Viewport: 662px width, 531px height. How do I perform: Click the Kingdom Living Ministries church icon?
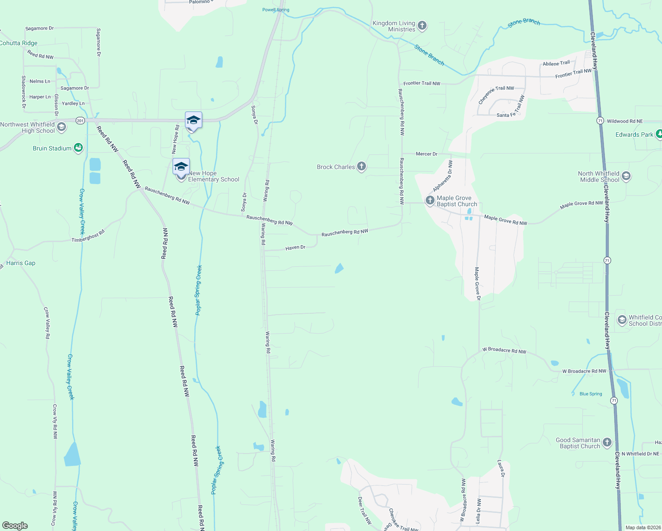[x=422, y=26]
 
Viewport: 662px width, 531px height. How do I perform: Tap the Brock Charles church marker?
[x=362, y=166]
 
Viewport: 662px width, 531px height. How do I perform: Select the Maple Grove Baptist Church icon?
[x=430, y=200]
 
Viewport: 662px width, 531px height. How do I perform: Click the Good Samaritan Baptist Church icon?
[x=607, y=442]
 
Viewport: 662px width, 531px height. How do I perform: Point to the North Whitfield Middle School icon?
[x=626, y=176]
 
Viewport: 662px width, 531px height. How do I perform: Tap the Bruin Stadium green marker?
[x=78, y=148]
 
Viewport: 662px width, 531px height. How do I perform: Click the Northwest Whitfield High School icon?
[x=62, y=127]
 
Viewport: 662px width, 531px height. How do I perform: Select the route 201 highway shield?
[x=80, y=120]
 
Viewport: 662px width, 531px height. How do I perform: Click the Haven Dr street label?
[x=295, y=248]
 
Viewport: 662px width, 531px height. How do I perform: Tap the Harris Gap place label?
[x=21, y=263]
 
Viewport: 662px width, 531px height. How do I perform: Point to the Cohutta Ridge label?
[x=19, y=43]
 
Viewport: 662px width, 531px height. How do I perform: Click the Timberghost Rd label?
[x=88, y=236]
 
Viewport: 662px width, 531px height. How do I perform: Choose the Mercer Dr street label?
[x=427, y=154]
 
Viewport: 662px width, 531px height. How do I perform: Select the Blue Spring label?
[x=591, y=394]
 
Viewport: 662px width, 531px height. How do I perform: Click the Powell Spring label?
[x=276, y=10]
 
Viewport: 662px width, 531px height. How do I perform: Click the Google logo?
[x=15, y=526]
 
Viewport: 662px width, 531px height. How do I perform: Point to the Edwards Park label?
[x=634, y=135]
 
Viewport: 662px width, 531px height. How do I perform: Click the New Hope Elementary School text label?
[x=214, y=176]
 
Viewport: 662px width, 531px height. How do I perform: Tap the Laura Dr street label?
[x=501, y=469]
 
